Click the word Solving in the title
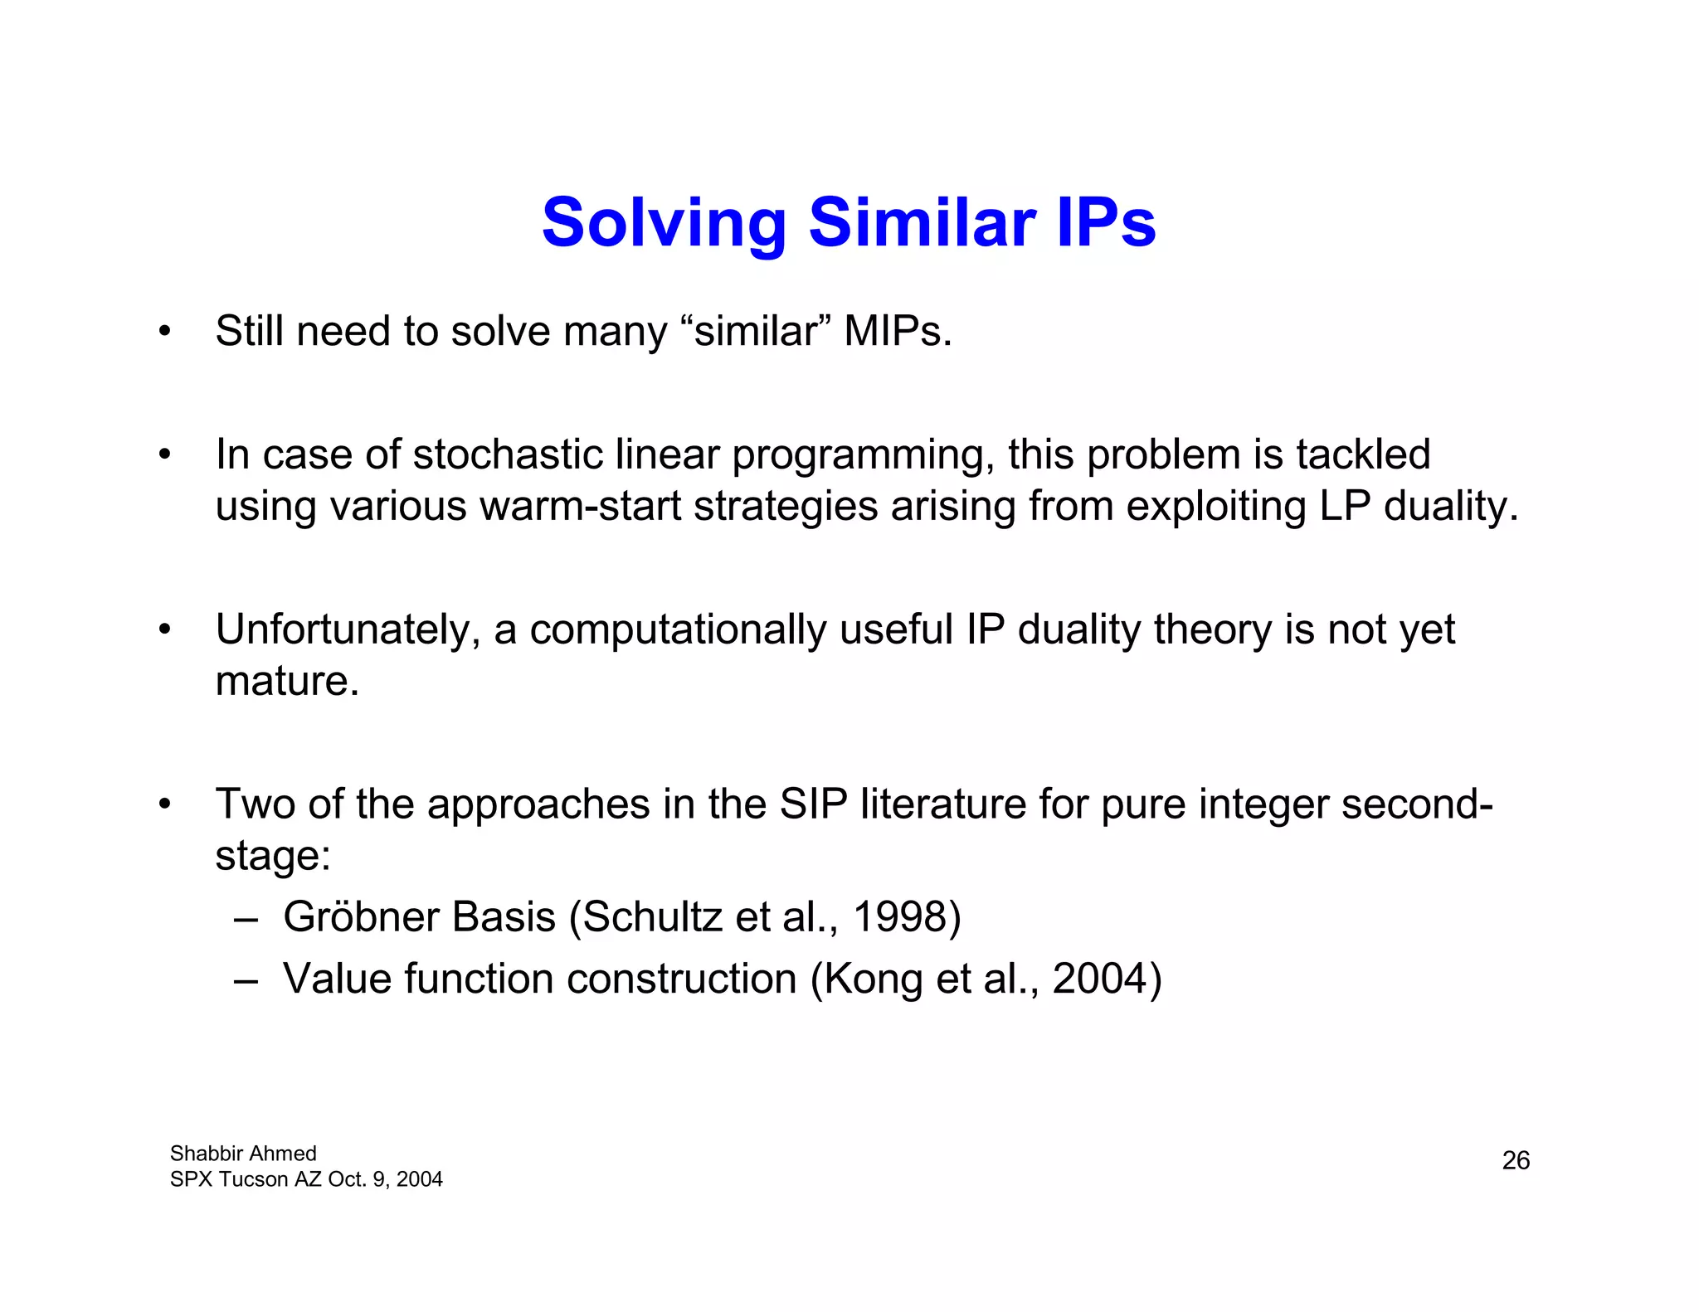click(664, 224)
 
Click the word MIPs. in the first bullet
click(898, 332)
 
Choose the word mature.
click(287, 682)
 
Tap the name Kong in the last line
click(874, 979)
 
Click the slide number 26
click(1516, 1160)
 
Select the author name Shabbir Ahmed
click(243, 1154)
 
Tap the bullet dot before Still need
click(165, 332)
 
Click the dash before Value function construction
click(246, 980)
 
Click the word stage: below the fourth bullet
click(273, 857)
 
